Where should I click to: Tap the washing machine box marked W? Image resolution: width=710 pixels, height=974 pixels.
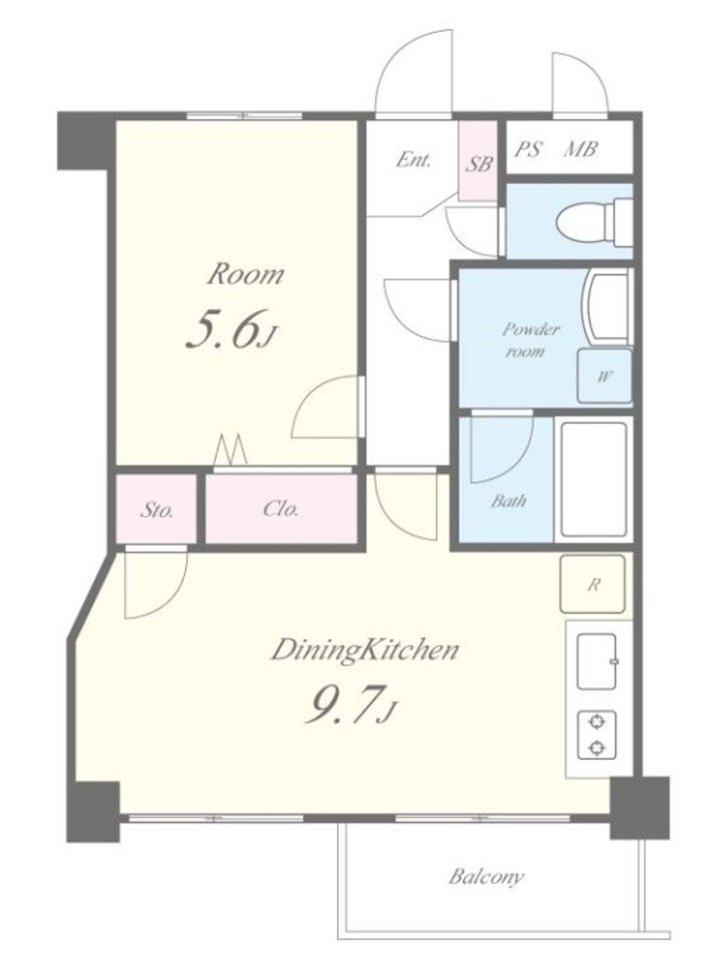click(604, 376)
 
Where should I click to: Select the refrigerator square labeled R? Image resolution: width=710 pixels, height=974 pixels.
click(593, 584)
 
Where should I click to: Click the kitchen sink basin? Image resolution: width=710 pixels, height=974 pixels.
click(597, 662)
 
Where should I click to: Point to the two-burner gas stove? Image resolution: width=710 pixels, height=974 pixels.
click(597, 735)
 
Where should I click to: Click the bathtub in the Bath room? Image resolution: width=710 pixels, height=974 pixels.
click(594, 479)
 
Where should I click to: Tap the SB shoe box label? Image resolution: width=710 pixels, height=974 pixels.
click(478, 164)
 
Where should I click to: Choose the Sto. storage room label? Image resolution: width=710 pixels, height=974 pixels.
click(156, 511)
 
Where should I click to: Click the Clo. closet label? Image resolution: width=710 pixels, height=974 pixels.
click(280, 510)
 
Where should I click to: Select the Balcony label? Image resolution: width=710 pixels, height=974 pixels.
click(486, 877)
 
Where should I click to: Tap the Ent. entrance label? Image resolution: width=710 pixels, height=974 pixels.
click(414, 160)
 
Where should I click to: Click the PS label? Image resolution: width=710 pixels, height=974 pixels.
click(528, 149)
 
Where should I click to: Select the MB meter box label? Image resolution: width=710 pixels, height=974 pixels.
click(580, 149)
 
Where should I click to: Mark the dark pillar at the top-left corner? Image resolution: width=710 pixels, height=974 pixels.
click(86, 141)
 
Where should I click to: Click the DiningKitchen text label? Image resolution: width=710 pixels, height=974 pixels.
click(365, 651)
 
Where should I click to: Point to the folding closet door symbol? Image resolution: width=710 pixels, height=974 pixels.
click(230, 450)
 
